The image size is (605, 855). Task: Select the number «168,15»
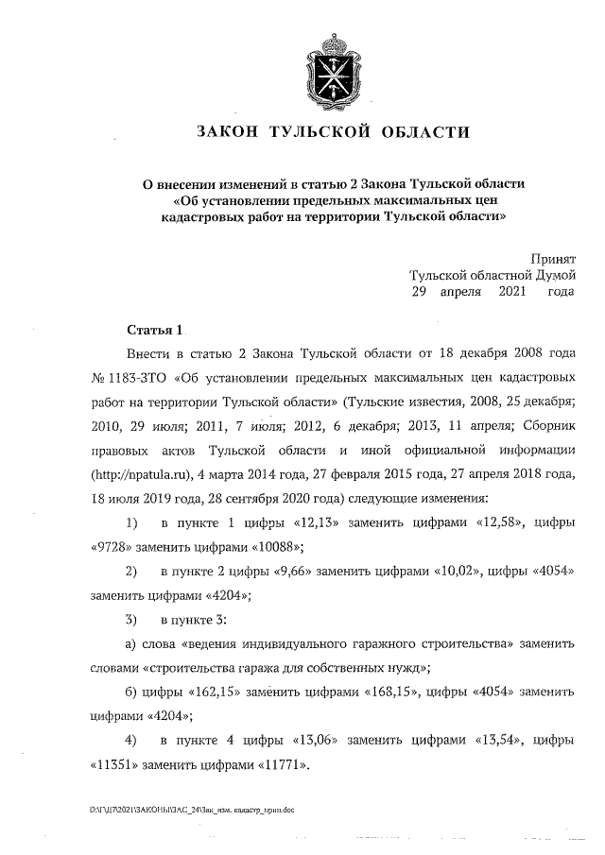tap(390, 693)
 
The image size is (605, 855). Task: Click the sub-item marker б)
tap(131, 693)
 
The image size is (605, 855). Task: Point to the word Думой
tap(551, 275)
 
